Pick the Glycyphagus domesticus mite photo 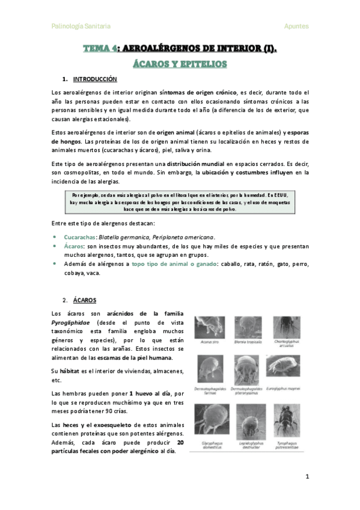click(209, 416)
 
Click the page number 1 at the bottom click(307, 477)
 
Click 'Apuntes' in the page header click(296, 26)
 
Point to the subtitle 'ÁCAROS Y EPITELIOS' click(180, 63)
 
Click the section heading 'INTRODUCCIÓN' click(95, 79)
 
